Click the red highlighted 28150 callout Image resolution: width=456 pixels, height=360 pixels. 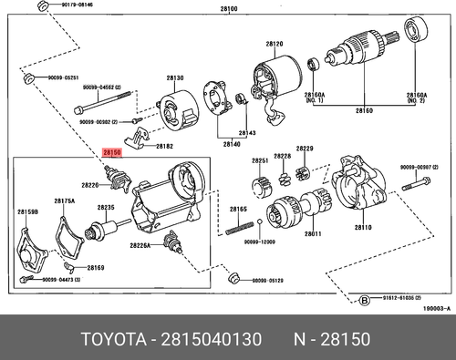(x=111, y=153)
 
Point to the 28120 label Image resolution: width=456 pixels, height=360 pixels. (x=275, y=42)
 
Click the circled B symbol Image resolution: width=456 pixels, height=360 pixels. (x=365, y=298)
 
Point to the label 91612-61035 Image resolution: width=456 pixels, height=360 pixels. (x=401, y=298)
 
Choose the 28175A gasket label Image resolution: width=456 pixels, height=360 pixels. (x=64, y=201)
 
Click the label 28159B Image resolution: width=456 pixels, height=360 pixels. (x=27, y=212)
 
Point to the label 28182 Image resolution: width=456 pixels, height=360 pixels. (x=164, y=146)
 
